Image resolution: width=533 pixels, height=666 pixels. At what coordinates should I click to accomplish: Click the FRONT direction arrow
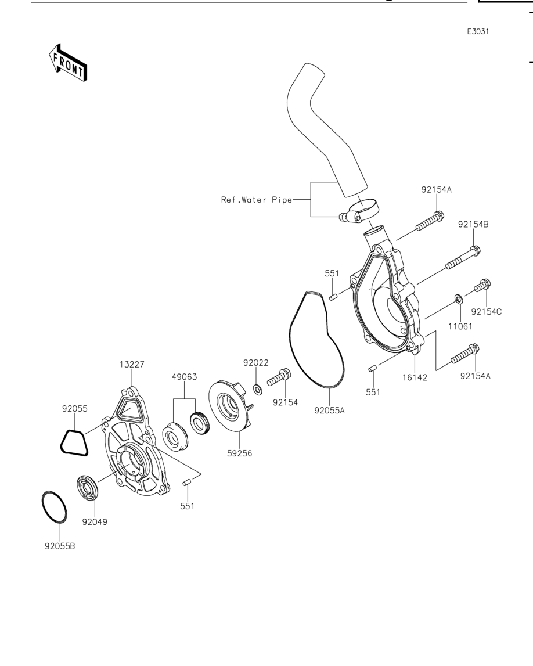coord(68,63)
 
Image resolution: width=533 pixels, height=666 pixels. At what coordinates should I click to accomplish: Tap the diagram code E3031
coord(478,31)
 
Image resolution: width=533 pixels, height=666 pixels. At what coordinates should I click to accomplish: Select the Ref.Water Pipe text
coord(257,200)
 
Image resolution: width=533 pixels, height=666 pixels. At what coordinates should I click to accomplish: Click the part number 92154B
coord(473,224)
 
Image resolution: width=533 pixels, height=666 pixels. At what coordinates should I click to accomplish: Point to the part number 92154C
coord(487,312)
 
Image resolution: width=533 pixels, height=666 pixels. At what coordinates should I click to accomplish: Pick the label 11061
coord(460,326)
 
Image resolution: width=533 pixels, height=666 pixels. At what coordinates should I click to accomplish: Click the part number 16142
coord(415,377)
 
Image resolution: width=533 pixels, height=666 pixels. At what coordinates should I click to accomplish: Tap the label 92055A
coord(330,411)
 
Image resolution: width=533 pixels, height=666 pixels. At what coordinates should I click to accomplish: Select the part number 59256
coord(240,453)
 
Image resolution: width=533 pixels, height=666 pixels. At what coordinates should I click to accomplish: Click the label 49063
coord(184,377)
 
